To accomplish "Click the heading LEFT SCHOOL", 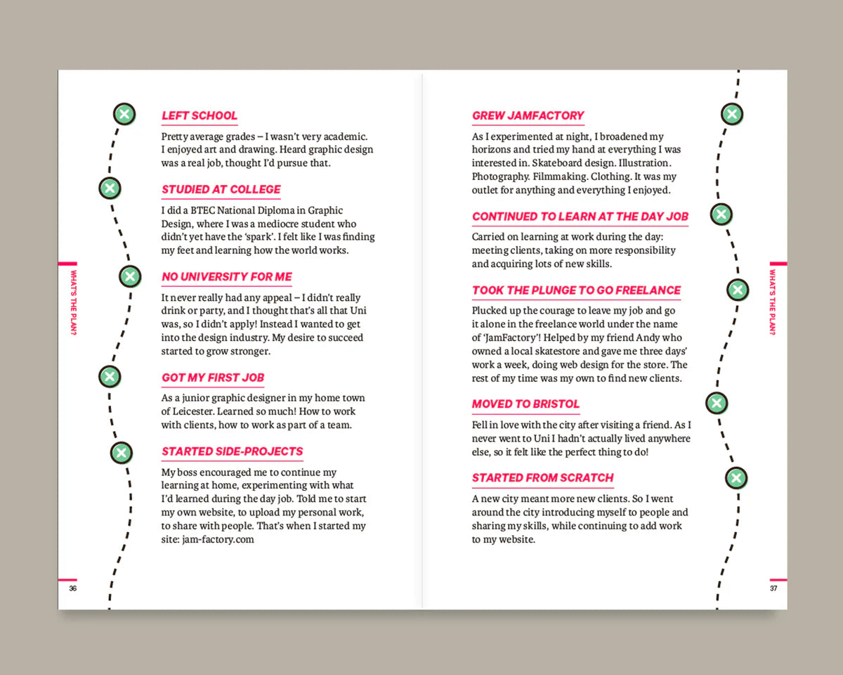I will pyautogui.click(x=200, y=116).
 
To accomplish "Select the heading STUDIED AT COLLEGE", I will pyautogui.click(x=221, y=190).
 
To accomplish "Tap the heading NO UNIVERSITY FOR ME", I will pyautogui.click(x=227, y=277).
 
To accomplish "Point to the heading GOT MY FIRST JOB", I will pyautogui.click(x=213, y=378).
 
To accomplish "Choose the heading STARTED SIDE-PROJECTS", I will pyautogui.click(x=233, y=451).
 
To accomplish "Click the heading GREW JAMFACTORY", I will pyautogui.click(x=528, y=116).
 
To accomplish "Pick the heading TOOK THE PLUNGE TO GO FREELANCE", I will pyautogui.click(x=577, y=290).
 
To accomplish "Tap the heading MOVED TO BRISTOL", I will pyautogui.click(x=525, y=404).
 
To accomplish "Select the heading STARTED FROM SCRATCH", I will pyautogui.click(x=543, y=478).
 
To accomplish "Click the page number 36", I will pyautogui.click(x=72, y=589).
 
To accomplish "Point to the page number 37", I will pyautogui.click(x=773, y=589).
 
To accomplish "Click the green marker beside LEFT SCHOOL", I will pyautogui.click(x=124, y=114).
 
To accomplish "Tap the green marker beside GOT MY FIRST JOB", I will pyautogui.click(x=109, y=376).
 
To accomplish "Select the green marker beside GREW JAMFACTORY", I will pyautogui.click(x=732, y=114).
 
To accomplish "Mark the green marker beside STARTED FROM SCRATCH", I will pyautogui.click(x=736, y=479).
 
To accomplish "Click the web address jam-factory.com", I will pyautogui.click(x=218, y=539).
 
